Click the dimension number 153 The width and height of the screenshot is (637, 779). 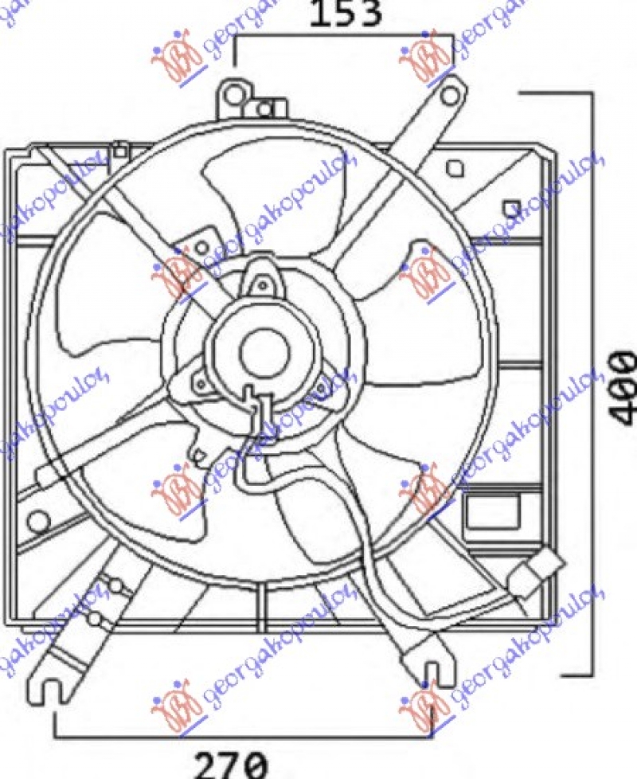346,14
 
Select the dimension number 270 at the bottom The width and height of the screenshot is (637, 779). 231,765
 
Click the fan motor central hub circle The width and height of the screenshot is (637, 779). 256,349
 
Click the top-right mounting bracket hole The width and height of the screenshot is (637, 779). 450,94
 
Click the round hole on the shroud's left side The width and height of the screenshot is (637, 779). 37,522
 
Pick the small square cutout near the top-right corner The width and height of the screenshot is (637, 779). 455,168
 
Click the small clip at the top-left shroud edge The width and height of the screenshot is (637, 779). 120,148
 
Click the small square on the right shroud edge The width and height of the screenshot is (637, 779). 510,209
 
